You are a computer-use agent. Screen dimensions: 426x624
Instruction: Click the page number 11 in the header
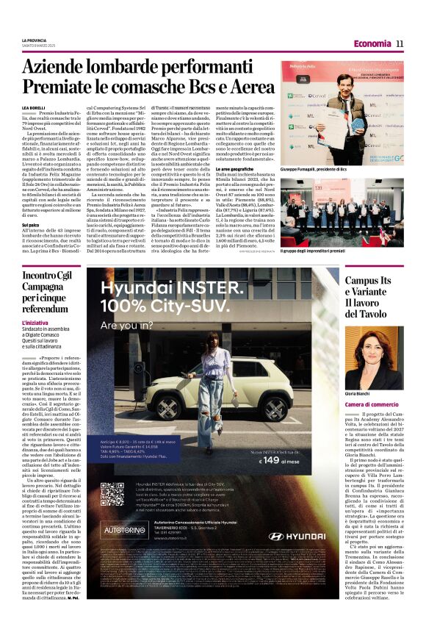[400, 43]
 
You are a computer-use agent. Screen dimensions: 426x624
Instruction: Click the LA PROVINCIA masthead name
[34, 40]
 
